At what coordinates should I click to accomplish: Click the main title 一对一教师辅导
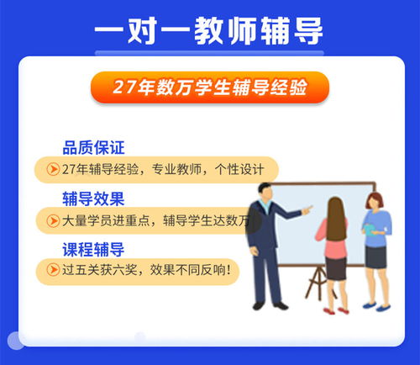pyautogui.click(x=209, y=32)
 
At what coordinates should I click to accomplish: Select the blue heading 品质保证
pyautogui.click(x=93, y=148)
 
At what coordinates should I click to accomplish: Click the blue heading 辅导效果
pyautogui.click(x=93, y=199)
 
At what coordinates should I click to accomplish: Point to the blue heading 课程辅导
pyautogui.click(x=93, y=250)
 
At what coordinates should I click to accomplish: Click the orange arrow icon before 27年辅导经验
pyautogui.click(x=54, y=169)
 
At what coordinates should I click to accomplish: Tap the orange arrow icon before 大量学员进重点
pyautogui.click(x=54, y=220)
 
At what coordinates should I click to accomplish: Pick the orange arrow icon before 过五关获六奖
pyautogui.click(x=54, y=271)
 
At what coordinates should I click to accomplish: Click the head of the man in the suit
pyautogui.click(x=266, y=192)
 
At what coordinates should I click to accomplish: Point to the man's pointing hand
pyautogui.click(x=308, y=208)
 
